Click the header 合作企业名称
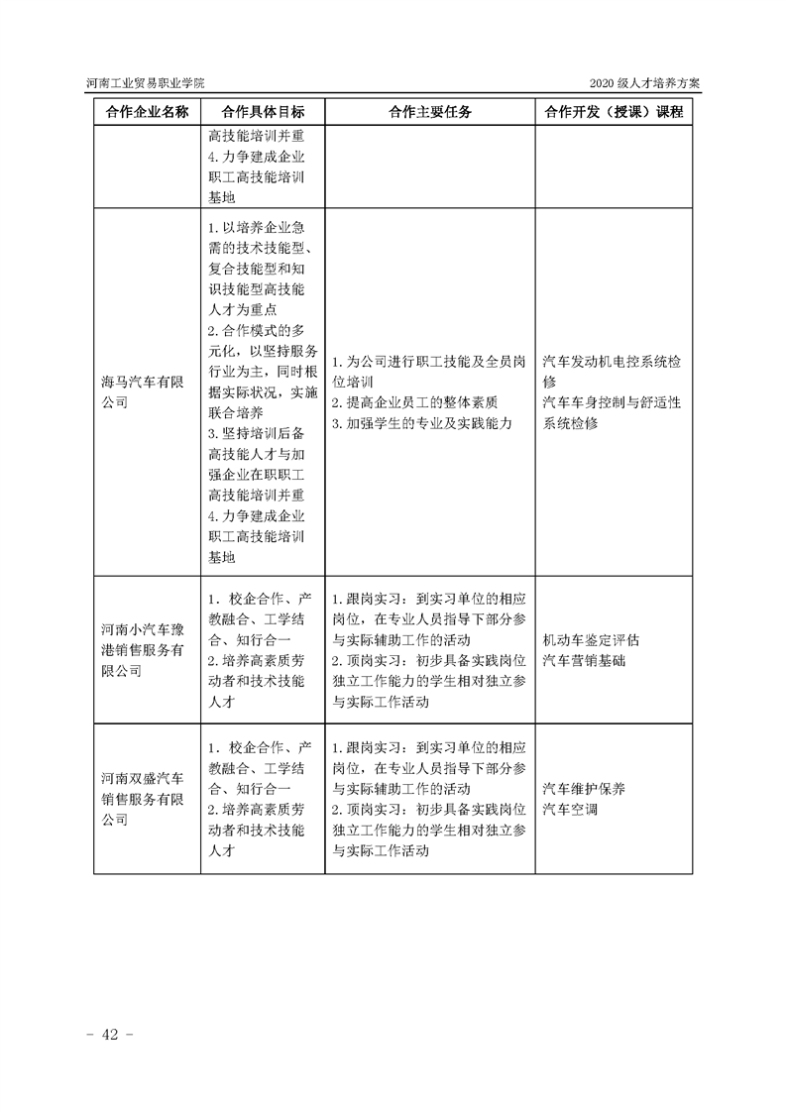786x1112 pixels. [146, 112]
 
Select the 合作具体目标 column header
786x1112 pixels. [263, 112]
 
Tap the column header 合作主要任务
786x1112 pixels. [430, 112]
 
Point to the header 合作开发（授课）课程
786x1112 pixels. [614, 112]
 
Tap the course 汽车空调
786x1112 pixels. [571, 810]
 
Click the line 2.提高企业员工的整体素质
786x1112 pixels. [414, 402]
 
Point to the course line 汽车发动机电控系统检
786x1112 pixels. [613, 361]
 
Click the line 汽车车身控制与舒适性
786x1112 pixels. [613, 402]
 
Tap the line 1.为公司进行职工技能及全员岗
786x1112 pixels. [428, 361]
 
